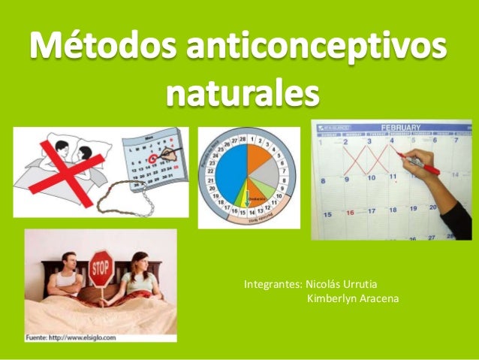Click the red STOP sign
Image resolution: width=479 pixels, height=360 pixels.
pyautogui.click(x=101, y=270)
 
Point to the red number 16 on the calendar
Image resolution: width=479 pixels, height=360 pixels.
pyautogui.click(x=349, y=213)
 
